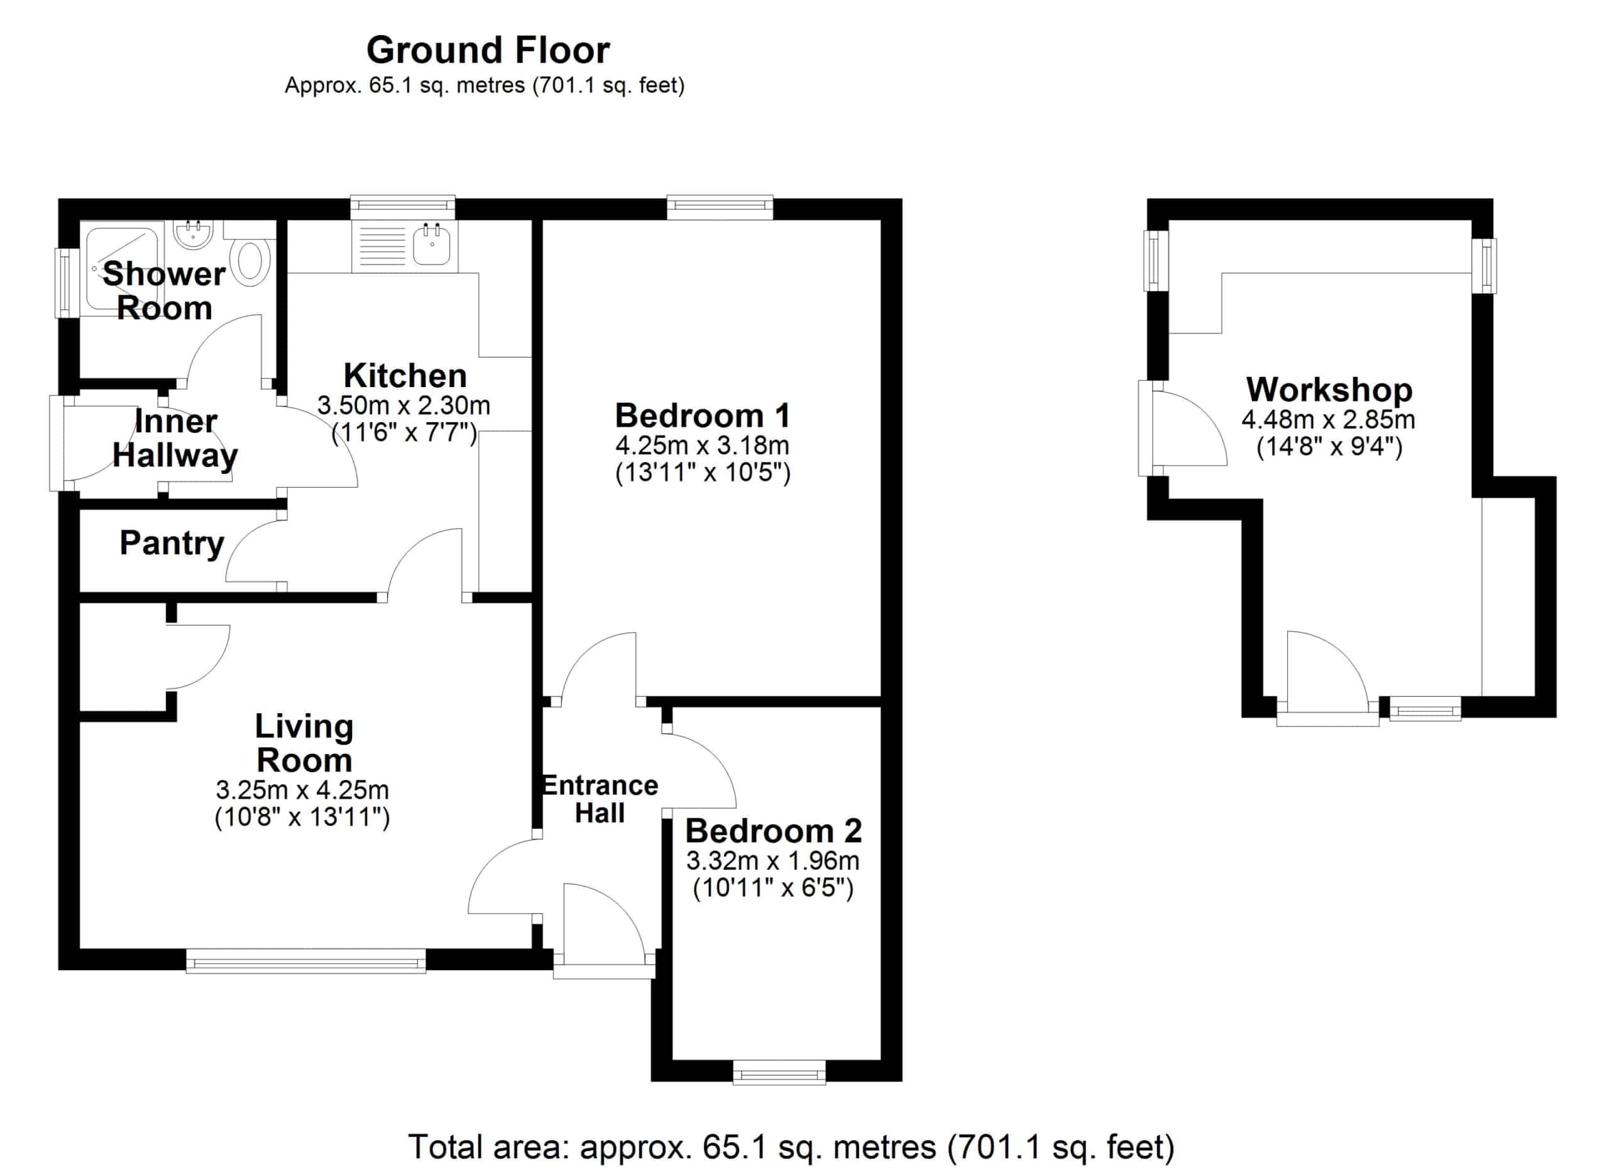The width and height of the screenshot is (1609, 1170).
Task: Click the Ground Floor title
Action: click(488, 50)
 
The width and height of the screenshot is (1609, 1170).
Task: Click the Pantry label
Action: click(172, 545)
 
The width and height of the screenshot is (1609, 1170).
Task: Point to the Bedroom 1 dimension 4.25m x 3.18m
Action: click(702, 446)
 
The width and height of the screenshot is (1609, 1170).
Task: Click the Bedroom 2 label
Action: click(773, 831)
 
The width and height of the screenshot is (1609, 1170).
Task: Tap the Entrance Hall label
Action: click(600, 800)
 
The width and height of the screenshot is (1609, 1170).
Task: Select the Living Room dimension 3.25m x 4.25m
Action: click(302, 790)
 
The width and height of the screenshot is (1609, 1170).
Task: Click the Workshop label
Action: click(1329, 391)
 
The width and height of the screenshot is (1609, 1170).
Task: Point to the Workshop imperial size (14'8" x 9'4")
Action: click(1329, 447)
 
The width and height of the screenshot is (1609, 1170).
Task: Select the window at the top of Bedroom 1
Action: click(720, 206)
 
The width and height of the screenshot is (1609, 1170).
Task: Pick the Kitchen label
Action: click(405, 375)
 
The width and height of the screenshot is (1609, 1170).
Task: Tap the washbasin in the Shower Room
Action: click(193, 235)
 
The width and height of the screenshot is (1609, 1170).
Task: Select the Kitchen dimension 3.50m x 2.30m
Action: click(404, 405)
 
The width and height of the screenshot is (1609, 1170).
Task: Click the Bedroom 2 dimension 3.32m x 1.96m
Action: click(773, 861)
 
